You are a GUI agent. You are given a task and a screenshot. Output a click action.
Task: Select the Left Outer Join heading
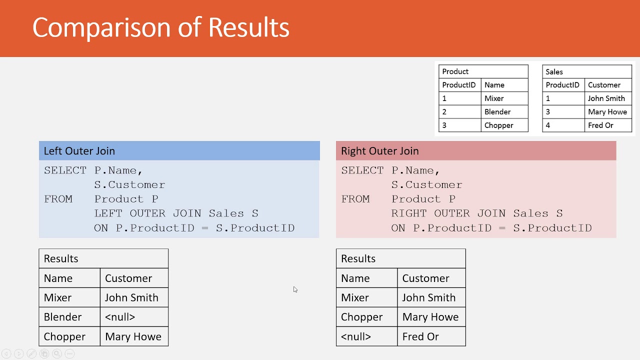click(79, 151)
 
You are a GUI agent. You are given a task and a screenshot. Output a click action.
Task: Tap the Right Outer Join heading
click(379, 151)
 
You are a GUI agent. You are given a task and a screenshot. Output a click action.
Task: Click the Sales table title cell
click(587, 71)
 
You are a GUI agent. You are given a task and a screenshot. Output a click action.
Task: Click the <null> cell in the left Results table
click(134, 317)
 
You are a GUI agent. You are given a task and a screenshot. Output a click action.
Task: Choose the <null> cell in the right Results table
click(366, 336)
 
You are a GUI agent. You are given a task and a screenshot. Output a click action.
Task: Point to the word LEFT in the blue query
click(108, 213)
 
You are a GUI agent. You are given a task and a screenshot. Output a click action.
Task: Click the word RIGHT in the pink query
click(409, 213)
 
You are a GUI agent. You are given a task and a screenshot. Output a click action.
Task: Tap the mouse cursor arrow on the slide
click(295, 289)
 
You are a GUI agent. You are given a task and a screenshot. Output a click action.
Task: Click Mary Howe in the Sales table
click(607, 111)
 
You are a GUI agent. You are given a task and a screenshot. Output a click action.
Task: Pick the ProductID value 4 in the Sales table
click(547, 125)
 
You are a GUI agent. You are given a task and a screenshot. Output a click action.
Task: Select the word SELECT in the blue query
click(65, 170)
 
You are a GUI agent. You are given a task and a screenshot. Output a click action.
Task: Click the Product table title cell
click(483, 71)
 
